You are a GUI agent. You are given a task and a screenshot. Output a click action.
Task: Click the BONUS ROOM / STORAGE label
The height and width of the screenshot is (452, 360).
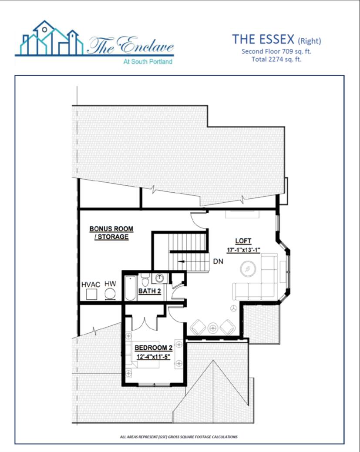[x=111, y=233]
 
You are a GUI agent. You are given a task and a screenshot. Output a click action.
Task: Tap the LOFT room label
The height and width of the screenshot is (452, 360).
[x=243, y=241]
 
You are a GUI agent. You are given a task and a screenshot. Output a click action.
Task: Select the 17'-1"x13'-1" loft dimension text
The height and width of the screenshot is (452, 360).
[x=243, y=250]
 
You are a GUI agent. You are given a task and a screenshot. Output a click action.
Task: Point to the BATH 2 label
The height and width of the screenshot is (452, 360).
[x=149, y=291]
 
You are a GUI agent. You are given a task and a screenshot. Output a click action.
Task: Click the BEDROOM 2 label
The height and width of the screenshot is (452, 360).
[x=154, y=348]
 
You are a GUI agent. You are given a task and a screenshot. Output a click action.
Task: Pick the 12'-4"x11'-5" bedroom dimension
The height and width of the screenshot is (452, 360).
[x=153, y=357]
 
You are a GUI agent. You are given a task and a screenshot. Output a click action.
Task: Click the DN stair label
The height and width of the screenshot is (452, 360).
[x=218, y=261]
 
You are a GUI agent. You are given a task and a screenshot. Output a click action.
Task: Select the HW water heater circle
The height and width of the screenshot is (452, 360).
[x=110, y=294]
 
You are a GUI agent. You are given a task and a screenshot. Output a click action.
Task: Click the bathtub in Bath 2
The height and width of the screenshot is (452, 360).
[x=131, y=288]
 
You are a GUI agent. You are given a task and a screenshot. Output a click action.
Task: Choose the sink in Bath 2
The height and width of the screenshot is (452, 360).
[x=159, y=278]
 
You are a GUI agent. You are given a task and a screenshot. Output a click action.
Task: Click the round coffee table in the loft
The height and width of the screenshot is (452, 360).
[x=248, y=269]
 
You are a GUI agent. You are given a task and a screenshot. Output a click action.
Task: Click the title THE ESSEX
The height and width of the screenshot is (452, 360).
[x=263, y=39]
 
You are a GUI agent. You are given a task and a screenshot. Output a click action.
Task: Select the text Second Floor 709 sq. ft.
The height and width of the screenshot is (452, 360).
[x=276, y=52]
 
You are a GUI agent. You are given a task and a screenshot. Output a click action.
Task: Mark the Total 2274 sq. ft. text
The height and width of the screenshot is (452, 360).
[x=276, y=60]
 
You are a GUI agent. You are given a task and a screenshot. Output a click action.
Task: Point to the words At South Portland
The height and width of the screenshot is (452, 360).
[x=148, y=61]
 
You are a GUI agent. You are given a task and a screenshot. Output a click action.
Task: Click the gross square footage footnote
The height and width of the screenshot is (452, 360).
[x=178, y=437]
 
